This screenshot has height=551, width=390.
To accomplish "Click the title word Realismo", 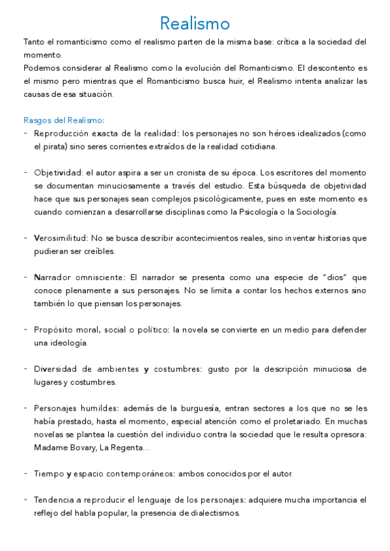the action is tap(195, 24).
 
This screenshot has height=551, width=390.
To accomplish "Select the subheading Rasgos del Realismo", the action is tap(63, 120).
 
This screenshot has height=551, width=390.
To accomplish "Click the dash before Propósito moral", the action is tap(25, 330).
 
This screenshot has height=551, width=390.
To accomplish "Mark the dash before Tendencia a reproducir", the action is tap(25, 500).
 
